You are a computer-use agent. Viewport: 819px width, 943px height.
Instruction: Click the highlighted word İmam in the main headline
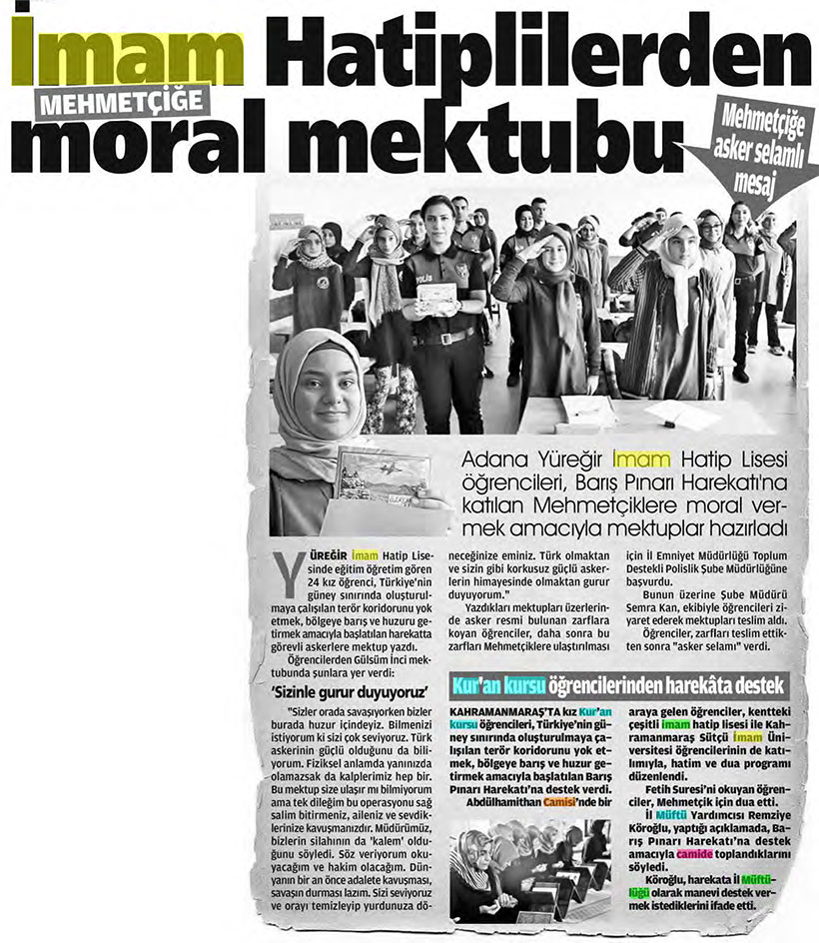pyautogui.click(x=129, y=55)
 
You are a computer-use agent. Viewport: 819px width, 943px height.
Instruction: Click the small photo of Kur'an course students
pyautogui.click(x=529, y=870)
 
